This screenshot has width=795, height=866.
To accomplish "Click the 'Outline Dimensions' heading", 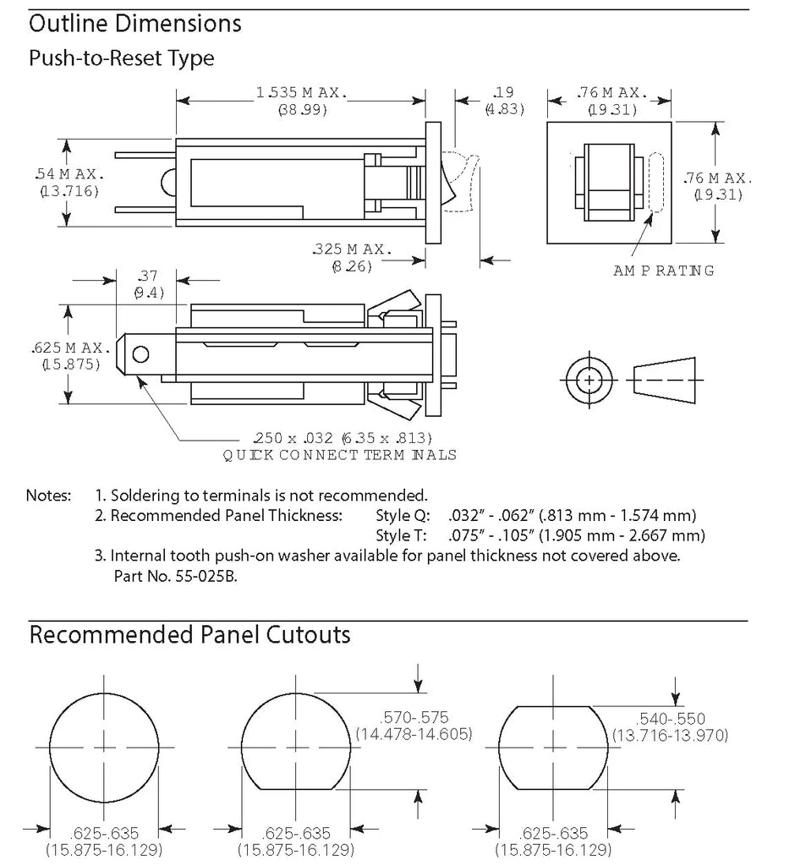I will coord(135,24).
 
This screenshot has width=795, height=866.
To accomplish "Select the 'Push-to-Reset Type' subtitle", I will coord(121,58).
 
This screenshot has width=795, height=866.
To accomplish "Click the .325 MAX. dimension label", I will coord(352,249).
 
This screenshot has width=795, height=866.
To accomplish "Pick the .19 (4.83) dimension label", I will coord(504,92).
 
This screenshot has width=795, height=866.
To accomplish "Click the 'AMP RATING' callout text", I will coord(664,271).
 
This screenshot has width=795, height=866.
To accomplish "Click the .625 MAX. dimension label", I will coord(71,348).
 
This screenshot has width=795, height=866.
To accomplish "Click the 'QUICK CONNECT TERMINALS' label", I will coord(339,455).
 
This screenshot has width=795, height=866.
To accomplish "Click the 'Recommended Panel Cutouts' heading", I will coord(189,634).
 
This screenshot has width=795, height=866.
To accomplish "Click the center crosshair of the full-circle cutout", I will coord(105,748).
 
